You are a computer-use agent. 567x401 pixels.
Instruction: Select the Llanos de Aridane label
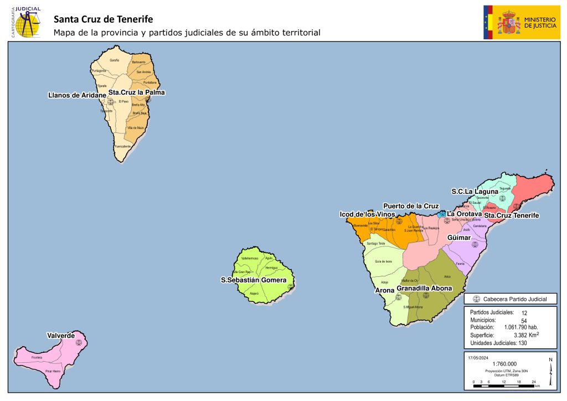pos(77,95)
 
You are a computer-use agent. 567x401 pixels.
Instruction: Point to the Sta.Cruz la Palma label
pos(136,92)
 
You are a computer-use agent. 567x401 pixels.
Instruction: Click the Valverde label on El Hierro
pos(61,336)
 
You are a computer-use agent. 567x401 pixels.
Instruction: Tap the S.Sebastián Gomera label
pos(254,280)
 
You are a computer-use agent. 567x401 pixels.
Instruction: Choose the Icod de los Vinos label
pos(367,214)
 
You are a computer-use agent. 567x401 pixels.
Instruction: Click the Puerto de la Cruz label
pos(411,206)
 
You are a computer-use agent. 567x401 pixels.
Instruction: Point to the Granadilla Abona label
pos(424,289)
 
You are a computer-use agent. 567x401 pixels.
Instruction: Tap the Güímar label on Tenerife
pos(459,237)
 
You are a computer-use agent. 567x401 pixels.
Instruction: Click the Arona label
pos(385,290)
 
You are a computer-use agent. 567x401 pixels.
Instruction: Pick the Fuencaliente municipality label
pos(123,146)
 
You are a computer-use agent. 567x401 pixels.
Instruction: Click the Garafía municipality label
pos(115,60)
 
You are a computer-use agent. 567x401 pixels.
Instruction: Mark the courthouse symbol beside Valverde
pos(79,342)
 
